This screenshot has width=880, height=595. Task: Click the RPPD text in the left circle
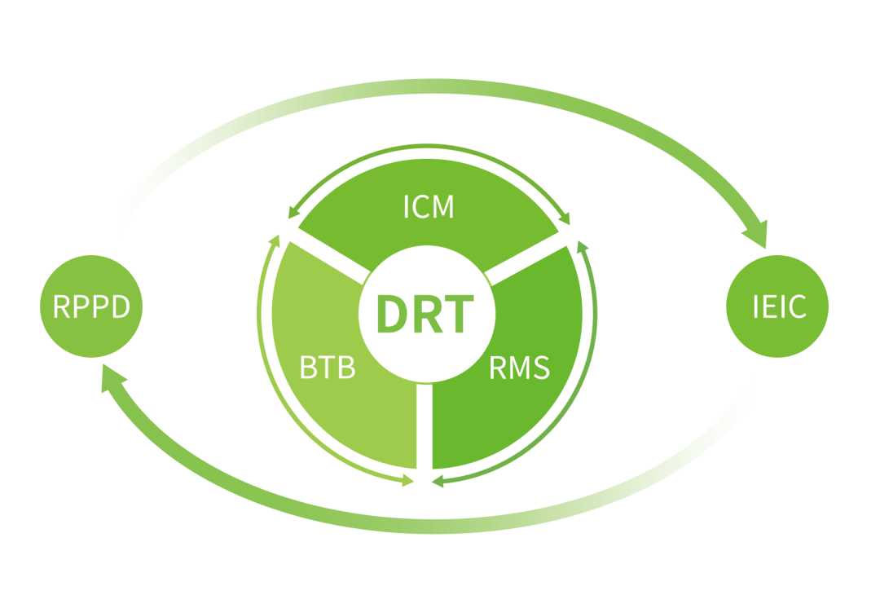91,306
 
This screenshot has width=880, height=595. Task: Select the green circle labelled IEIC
777,306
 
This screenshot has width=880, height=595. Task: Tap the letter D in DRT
392,314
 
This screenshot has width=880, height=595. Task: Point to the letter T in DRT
459,314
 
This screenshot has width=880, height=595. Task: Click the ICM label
429,206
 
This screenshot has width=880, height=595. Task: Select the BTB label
328,368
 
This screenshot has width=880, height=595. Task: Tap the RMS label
520,368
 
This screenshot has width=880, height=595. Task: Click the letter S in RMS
542,368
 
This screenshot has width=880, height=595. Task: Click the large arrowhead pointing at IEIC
756,233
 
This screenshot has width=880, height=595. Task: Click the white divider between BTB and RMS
425,426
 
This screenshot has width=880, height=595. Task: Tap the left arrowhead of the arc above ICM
293,213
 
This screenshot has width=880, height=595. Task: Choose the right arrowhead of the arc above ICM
564,218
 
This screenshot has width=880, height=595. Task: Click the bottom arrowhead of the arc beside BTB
408,481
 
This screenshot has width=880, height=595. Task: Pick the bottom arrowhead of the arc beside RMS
438,481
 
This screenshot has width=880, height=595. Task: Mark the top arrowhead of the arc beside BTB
275,240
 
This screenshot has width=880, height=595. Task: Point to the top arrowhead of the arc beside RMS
583,246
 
